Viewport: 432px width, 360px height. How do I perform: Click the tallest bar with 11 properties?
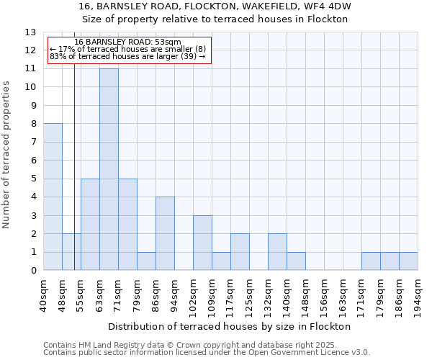[109, 169]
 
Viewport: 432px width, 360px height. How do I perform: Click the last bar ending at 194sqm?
[408, 261]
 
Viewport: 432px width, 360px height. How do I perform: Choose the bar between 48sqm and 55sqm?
[71, 252]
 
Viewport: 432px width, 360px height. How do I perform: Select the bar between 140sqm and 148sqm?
[296, 261]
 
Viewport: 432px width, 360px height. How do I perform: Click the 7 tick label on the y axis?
[33, 142]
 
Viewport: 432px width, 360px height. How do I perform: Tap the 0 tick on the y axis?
[33, 271]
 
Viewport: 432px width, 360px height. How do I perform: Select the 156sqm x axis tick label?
[324, 294]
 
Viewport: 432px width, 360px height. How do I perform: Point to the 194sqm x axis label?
[418, 294]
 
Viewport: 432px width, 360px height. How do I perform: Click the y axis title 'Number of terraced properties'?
[7, 155]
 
